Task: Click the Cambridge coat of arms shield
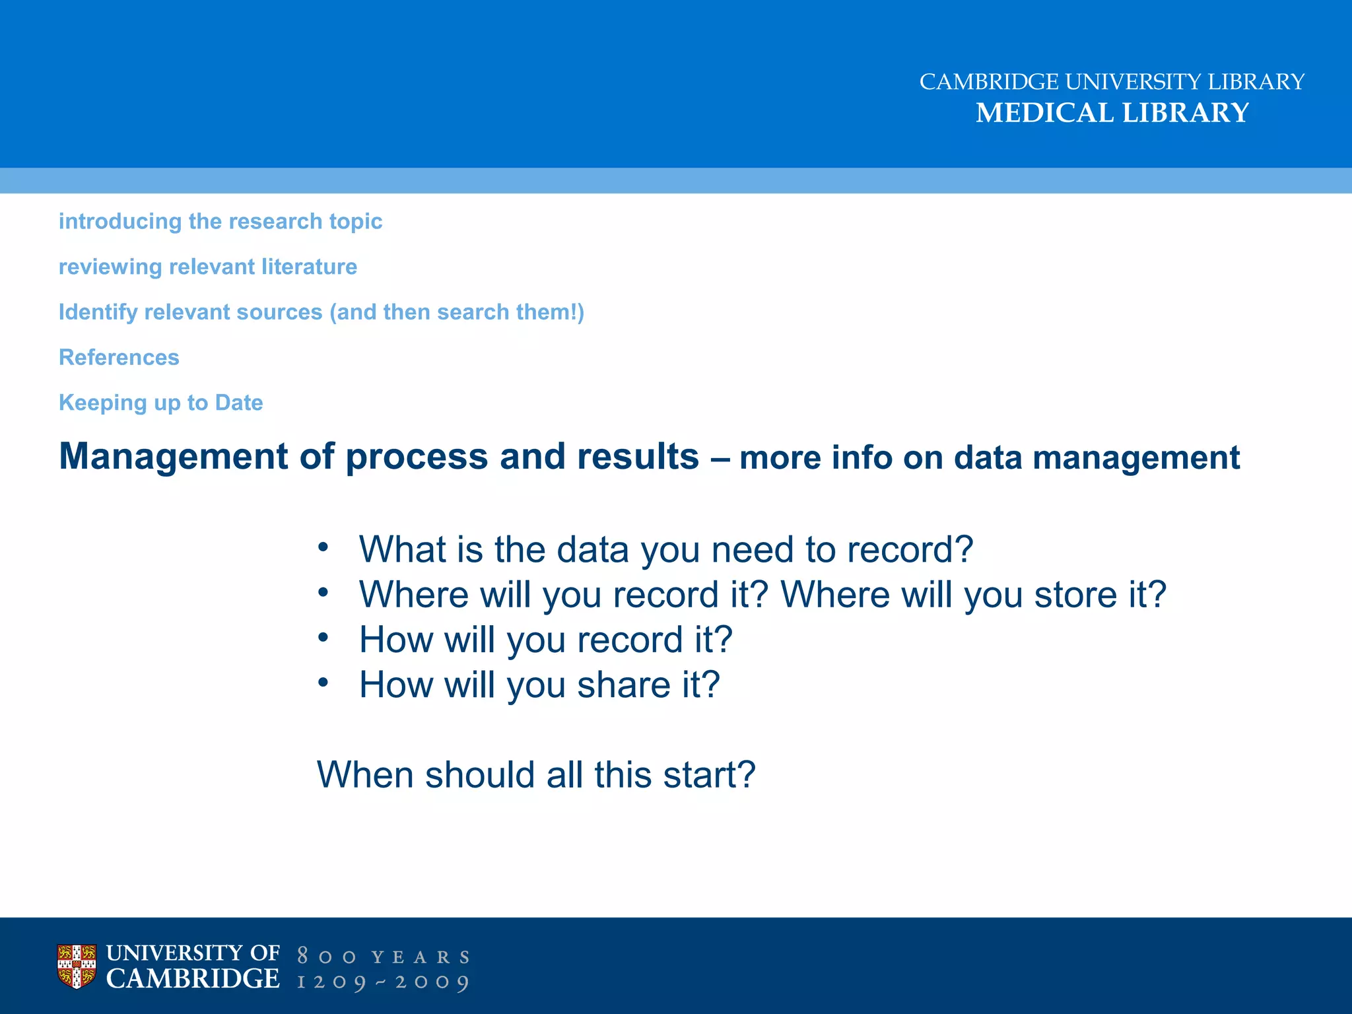[x=77, y=966]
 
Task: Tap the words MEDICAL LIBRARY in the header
[x=1112, y=113]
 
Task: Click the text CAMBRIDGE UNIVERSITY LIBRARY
[x=1112, y=82]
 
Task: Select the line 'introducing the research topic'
[x=220, y=221]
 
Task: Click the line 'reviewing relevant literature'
[x=208, y=267]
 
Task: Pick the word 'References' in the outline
[x=119, y=357]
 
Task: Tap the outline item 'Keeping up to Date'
[x=161, y=403]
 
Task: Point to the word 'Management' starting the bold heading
[x=174, y=456]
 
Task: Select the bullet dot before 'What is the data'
[x=323, y=547]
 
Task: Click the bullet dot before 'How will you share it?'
[x=323, y=682]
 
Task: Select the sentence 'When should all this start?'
[x=536, y=775]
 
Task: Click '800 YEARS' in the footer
[x=384, y=957]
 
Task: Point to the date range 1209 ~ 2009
[x=384, y=982]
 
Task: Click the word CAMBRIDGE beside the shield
[x=193, y=979]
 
